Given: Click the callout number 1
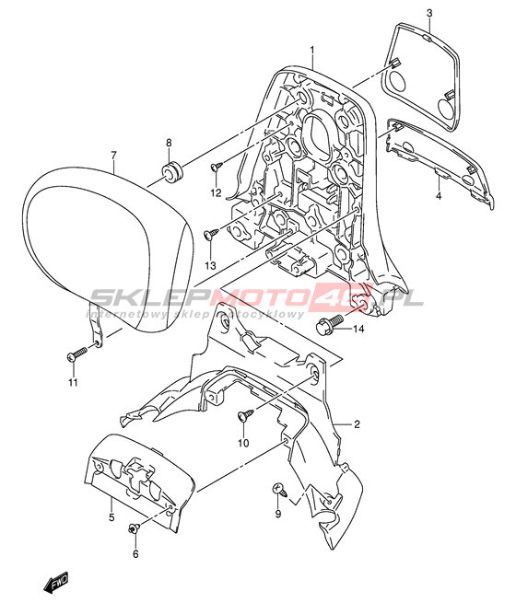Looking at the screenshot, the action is (x=312, y=51).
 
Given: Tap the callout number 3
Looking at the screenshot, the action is (x=429, y=13).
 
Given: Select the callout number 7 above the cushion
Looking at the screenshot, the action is (x=113, y=156).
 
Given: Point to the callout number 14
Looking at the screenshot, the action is (x=358, y=330).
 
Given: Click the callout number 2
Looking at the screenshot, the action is (x=357, y=424).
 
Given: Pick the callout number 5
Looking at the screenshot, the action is (x=111, y=517).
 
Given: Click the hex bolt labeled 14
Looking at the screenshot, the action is (x=329, y=322).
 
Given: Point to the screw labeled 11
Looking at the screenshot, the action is (x=77, y=354).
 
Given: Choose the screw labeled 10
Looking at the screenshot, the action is (x=245, y=414).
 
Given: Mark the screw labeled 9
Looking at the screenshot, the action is (x=279, y=490).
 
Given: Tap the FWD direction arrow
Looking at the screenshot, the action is (x=55, y=582).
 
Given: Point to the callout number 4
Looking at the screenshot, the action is (x=439, y=196).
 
